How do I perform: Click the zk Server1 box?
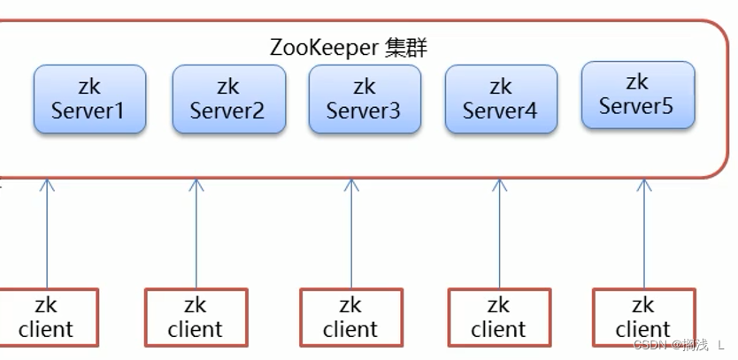pyautogui.click(x=89, y=98)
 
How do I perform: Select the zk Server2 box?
pyautogui.click(x=227, y=98)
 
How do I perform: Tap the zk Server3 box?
pyautogui.click(x=364, y=98)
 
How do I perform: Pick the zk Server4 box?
pyautogui.click(x=501, y=98)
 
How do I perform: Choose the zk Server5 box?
pyautogui.click(x=637, y=95)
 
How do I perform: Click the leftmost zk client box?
pyautogui.click(x=46, y=317)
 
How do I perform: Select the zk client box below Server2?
pyautogui.click(x=196, y=317)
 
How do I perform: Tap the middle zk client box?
pyautogui.click(x=350, y=317)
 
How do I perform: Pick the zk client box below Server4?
pyautogui.click(x=499, y=317)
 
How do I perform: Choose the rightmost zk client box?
pyautogui.click(x=643, y=317)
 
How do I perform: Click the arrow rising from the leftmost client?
pyautogui.click(x=47, y=234)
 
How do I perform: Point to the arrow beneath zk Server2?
pyautogui.click(x=196, y=234)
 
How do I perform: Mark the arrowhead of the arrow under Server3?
pyautogui.click(x=351, y=185)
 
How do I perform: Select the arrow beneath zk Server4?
pyautogui.click(x=499, y=234)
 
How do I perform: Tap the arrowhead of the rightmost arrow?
pyautogui.click(x=643, y=185)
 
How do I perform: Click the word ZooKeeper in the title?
pyautogui.click(x=324, y=48)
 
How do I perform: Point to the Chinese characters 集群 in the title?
pyautogui.click(x=406, y=48)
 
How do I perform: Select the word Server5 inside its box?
pyautogui.click(x=636, y=106)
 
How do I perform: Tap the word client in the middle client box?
pyautogui.click(x=350, y=330)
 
